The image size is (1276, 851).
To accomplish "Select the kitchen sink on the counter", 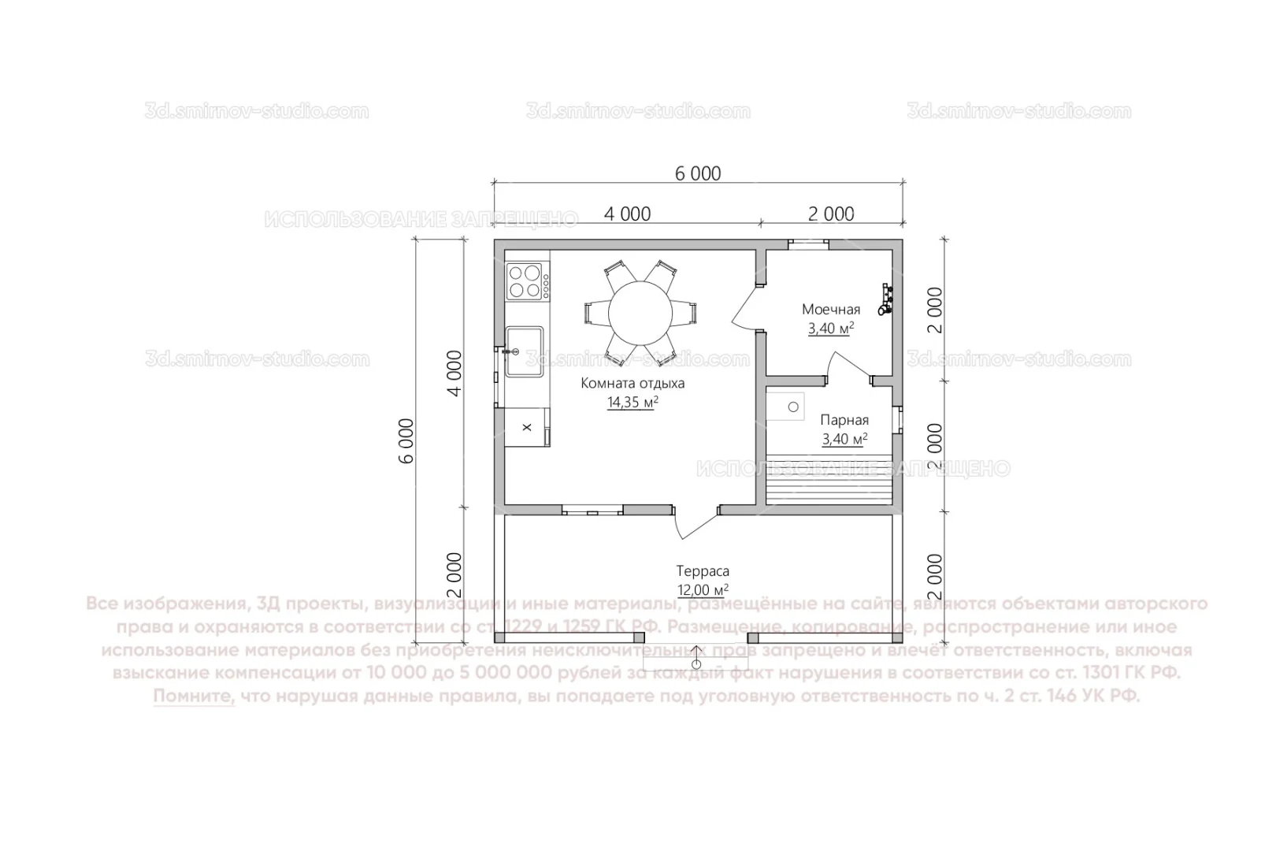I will point(525,351).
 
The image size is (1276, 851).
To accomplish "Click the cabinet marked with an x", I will point(527,427).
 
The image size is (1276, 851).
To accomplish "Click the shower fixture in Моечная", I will point(888,300).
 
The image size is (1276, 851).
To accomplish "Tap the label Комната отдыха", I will point(632,384).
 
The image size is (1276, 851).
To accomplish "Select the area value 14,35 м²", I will point(632,403).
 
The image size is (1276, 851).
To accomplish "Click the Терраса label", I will point(703,571).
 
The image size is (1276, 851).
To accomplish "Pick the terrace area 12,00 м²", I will point(703,590).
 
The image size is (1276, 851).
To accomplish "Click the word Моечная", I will point(831,310).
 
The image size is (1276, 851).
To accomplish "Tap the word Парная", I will point(844,420).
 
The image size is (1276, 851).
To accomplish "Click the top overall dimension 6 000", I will point(698,173).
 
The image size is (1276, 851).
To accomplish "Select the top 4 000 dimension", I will point(627,214).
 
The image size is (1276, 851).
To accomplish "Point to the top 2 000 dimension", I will point(831,214).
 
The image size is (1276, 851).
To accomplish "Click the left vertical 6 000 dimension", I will point(406,441).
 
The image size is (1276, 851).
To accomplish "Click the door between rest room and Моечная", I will point(744,309).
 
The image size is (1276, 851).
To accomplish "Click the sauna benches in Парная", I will point(830,481).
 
